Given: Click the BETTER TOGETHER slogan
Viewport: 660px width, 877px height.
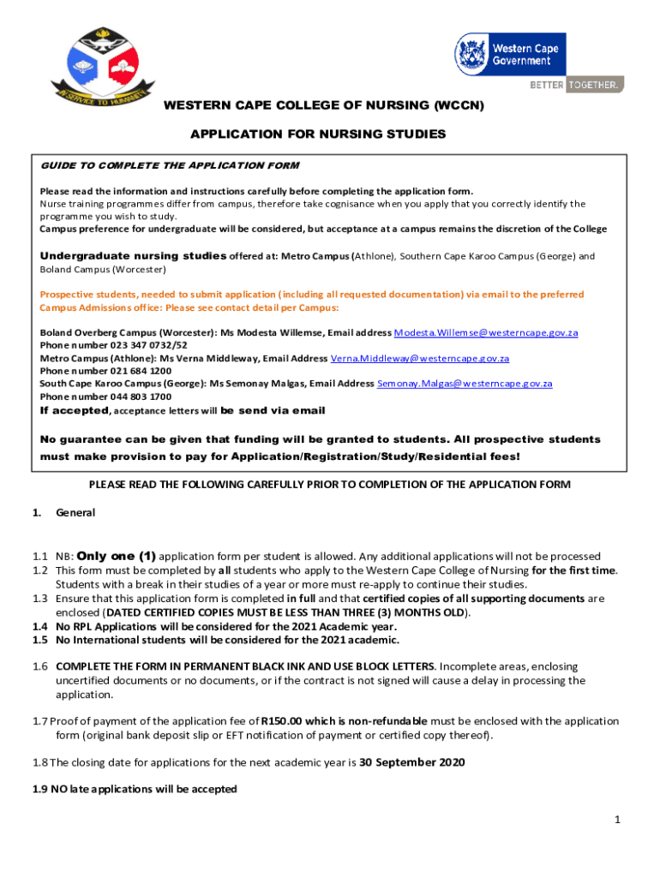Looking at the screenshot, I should tap(576, 85).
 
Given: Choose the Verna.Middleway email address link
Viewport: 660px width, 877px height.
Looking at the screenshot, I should tap(420, 358).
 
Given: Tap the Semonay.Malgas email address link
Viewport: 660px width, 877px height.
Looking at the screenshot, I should tap(465, 384).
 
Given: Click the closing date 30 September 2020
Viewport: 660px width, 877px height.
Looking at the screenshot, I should tap(411, 761).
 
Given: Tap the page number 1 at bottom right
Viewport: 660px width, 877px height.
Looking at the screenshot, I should tap(616, 820).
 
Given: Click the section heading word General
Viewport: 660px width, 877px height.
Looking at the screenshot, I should tap(75, 513).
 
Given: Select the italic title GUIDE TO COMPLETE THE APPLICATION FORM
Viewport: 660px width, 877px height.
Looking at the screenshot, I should tap(170, 164).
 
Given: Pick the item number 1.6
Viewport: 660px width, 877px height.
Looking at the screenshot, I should tap(40, 665).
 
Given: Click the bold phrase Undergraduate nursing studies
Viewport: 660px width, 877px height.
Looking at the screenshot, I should tap(133, 256).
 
